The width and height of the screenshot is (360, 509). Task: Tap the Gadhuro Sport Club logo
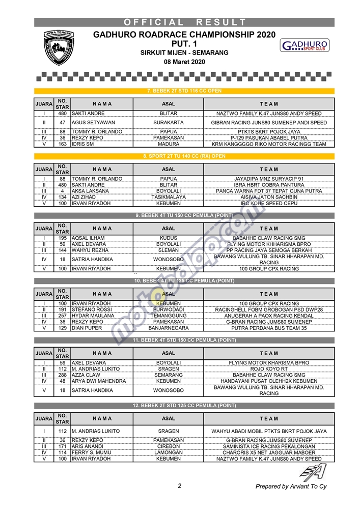point(304,46)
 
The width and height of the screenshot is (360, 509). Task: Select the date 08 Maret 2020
point(184,62)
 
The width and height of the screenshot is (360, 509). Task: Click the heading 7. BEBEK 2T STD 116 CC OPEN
point(184,91)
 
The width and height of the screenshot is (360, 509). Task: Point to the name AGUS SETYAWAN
point(93,123)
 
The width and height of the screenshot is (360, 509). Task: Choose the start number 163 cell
point(62,144)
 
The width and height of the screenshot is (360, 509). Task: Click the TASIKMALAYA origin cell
point(169,197)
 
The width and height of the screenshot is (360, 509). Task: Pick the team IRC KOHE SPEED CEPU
point(269,203)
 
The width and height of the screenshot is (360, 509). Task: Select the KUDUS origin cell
point(169,238)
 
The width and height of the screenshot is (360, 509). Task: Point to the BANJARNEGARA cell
point(169,328)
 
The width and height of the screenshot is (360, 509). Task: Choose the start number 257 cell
point(62,316)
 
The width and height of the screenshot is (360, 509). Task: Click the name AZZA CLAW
point(86,375)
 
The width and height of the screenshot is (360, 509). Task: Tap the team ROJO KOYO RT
point(269,369)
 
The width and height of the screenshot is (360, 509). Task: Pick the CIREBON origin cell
point(169,446)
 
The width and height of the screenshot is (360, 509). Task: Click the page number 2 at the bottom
point(180,486)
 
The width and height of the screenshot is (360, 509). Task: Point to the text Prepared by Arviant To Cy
point(291,487)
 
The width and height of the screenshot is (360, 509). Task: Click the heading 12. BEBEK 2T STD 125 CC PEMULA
point(184,406)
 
